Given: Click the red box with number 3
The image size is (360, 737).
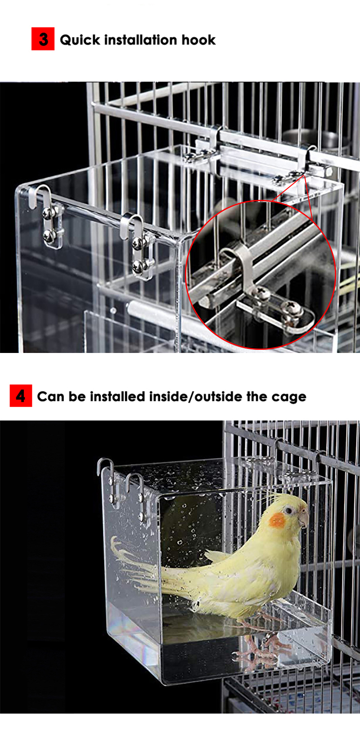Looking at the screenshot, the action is coord(43,39).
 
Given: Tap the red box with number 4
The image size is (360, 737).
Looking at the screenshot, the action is coord(21,395).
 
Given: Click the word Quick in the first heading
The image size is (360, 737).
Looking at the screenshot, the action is coord(80,40).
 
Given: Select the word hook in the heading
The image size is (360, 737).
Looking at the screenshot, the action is coord(198,40).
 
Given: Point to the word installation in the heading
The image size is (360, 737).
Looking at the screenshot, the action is coord(141,40).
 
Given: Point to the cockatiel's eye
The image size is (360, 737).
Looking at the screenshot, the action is coord(288,510).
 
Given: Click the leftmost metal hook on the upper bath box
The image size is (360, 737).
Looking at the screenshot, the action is coord(40,196).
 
